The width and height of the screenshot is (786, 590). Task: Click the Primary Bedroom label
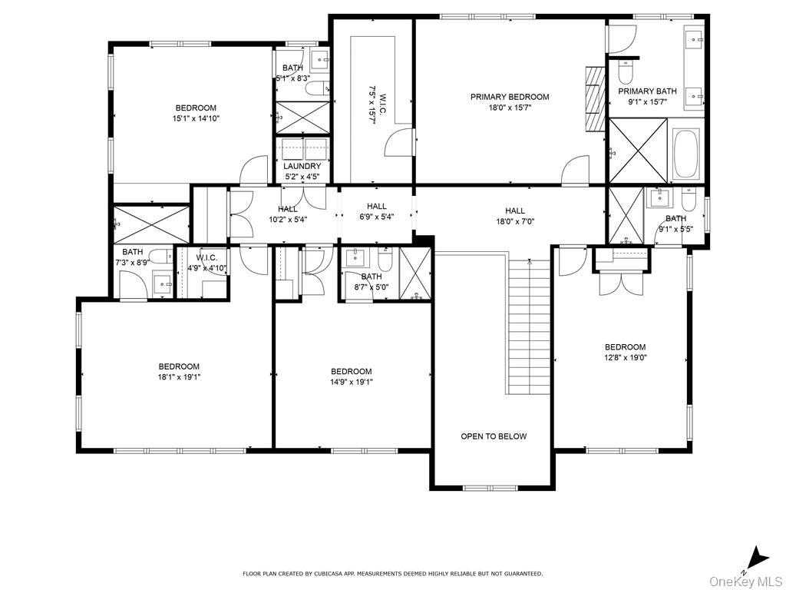pos(510,97)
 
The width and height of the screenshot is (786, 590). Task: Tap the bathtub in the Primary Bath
pos(686,154)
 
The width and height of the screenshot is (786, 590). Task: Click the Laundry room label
pos(302,166)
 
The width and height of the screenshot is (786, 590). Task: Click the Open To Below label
pos(494,436)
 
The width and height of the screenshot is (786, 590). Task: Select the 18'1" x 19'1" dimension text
pos(179,377)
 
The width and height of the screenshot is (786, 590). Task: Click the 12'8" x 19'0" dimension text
pos(625,358)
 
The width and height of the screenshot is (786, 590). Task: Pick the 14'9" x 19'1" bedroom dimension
pos(351,382)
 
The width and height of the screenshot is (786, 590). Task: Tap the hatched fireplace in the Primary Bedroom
pos(595,98)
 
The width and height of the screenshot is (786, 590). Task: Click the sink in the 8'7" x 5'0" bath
pos(357,257)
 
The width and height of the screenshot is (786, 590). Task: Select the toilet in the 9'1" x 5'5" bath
pos(689,200)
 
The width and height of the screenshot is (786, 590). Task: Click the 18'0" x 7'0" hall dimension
pos(515,221)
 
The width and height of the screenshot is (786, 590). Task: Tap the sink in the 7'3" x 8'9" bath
pos(163,284)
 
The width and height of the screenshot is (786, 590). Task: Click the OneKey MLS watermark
pos(746,582)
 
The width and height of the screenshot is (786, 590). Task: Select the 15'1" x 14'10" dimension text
pos(196,119)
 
